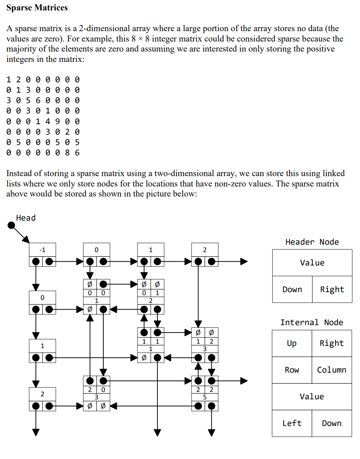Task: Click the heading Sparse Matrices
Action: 37,8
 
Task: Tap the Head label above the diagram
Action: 26,218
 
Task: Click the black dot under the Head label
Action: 11,225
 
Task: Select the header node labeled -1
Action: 42,255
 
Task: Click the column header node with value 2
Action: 204,255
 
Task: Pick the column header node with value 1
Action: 150,255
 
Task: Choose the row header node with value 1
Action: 42,351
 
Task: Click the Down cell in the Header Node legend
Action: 292,290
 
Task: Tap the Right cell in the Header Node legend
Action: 332,290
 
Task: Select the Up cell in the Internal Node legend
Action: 292,343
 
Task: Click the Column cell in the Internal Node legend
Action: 331,370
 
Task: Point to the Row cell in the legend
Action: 292,370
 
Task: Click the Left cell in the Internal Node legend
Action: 292,423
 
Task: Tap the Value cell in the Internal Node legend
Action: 311,397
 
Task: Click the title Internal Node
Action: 311,323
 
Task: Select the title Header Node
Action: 312,242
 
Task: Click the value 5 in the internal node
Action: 204,397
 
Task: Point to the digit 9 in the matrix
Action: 57,122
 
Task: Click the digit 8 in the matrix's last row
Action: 67,153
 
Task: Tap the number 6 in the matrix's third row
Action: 38,100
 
